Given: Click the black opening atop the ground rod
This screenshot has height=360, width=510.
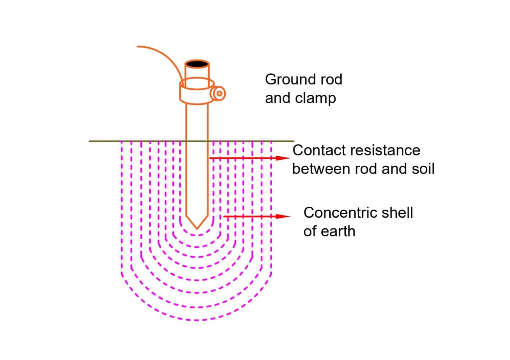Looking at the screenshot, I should click(x=197, y=64).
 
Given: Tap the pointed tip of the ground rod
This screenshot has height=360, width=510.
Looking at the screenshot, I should click(x=197, y=228).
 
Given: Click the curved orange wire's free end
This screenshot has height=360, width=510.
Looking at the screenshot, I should click(x=138, y=46).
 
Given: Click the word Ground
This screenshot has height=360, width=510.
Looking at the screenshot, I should click(x=288, y=80).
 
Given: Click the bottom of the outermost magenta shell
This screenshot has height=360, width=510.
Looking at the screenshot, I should click(x=197, y=320).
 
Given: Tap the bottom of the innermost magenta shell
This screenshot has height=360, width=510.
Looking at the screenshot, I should click(x=197, y=235).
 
